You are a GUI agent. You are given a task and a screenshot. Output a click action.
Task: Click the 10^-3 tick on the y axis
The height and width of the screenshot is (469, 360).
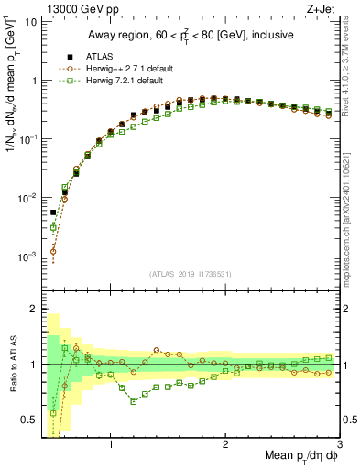tap(27, 256)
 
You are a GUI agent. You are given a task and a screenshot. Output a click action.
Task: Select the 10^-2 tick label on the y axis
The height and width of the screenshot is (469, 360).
tap(27, 198)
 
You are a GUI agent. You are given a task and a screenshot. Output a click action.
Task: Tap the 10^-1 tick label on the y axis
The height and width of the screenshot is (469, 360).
tap(27, 139)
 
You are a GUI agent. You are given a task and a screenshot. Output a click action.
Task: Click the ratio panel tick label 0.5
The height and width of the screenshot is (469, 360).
tap(28, 420)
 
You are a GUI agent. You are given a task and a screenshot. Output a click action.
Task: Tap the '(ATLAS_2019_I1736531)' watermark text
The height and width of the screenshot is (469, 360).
tap(191, 274)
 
